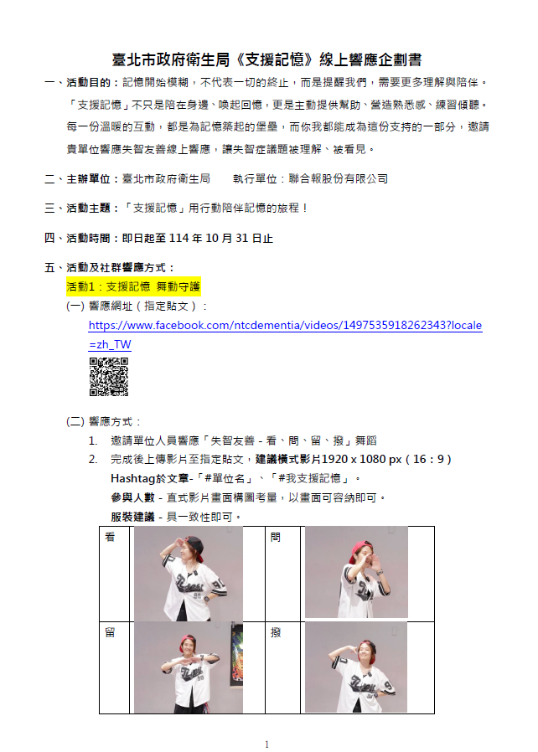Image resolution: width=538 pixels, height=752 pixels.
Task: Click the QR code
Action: (109, 377)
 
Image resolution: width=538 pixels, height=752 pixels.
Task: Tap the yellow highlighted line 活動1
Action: (133, 286)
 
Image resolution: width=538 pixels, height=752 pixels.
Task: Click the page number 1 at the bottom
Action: (266, 744)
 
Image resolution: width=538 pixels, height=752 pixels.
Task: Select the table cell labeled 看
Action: (115, 574)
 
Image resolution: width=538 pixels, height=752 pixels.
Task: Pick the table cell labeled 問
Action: (282, 574)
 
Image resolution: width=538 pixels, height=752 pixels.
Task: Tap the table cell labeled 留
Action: (115, 667)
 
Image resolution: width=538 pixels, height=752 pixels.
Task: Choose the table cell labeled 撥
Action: (282, 667)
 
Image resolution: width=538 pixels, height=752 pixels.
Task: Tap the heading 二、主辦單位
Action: (78, 179)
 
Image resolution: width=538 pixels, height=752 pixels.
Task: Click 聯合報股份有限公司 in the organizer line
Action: (339, 179)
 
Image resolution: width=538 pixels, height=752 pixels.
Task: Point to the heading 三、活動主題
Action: (78, 209)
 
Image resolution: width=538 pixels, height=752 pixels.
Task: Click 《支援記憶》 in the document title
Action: (274, 59)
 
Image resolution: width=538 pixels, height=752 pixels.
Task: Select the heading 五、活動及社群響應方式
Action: (110, 268)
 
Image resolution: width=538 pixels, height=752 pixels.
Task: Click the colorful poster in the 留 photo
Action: (237, 652)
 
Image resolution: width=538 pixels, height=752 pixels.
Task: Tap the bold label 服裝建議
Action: (132, 517)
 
